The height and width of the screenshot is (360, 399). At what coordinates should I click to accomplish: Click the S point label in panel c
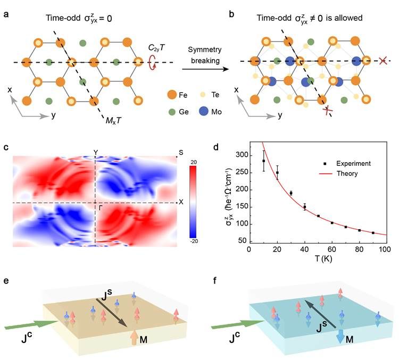pos(181,153)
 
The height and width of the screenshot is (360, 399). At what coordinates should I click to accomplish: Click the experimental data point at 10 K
pos(263,161)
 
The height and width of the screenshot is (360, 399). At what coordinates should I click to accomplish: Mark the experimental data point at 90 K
pos(373,233)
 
